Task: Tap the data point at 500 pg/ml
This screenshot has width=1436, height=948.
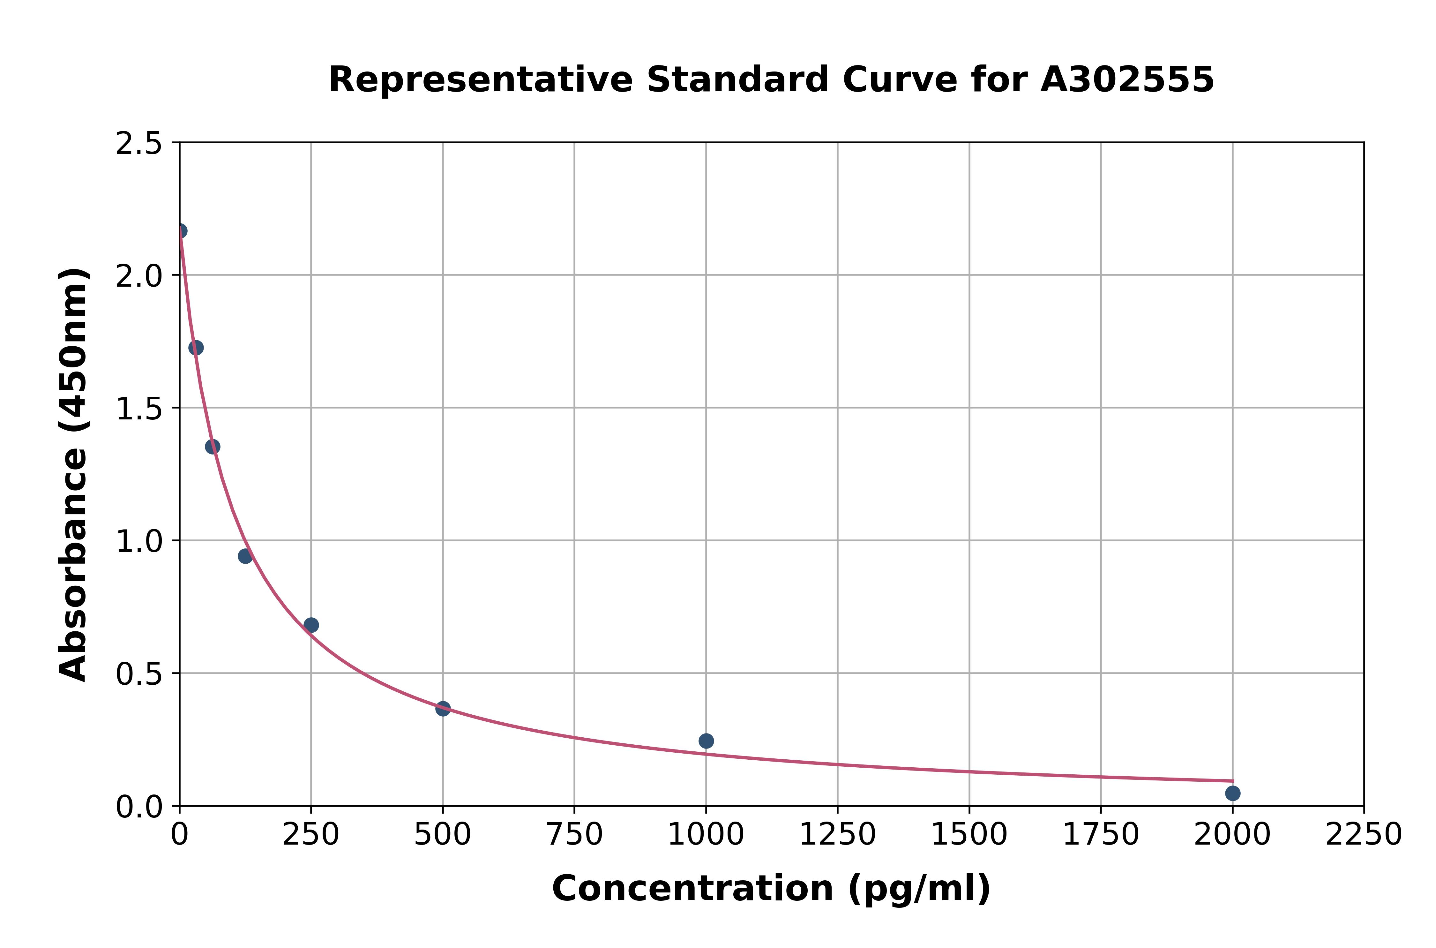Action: point(443,709)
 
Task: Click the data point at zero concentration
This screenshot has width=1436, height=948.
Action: point(180,231)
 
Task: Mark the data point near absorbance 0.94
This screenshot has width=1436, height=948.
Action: point(245,556)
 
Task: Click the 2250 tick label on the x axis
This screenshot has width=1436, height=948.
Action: point(1364,835)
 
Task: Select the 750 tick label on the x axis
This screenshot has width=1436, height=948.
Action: point(574,835)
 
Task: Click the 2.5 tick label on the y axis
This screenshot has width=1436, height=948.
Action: point(139,144)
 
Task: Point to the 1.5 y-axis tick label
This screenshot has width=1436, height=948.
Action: point(139,409)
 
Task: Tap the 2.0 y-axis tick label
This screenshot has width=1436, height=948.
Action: point(139,276)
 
